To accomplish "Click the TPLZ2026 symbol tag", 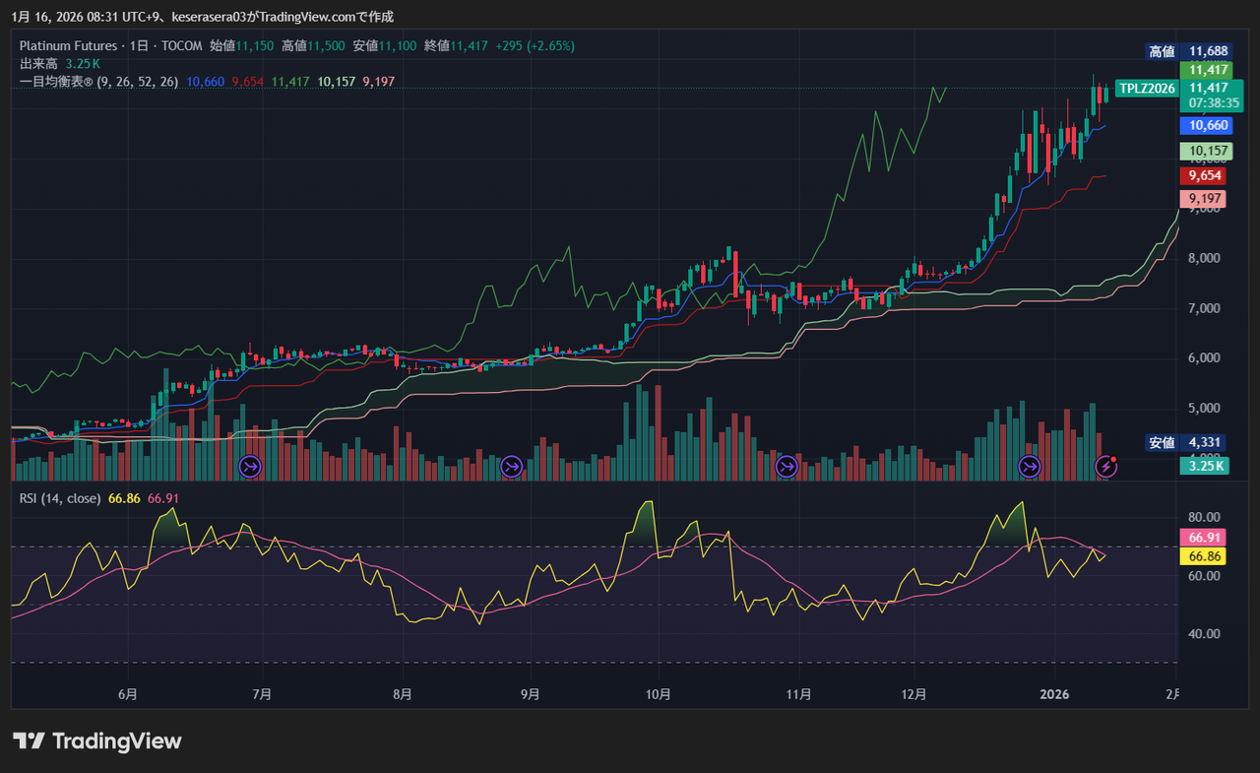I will pos(1148,89).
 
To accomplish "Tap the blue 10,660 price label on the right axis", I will pos(1208,125).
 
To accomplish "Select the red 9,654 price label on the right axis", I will pos(1205,175).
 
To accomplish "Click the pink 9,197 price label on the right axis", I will pos(1205,198).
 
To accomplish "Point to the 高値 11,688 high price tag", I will pos(1189,51).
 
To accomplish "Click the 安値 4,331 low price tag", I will pos(1189,443).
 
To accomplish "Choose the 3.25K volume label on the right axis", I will pos(1203,466).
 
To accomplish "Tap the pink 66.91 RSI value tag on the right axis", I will pos(1205,538).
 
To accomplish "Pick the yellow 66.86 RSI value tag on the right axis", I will pos(1205,556).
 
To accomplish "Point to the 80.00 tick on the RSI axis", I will pos(1205,517).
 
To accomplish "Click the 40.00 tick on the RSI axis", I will pos(1205,634).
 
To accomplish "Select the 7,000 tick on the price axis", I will pos(1206,308).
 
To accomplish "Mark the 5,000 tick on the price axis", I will pos(1206,408).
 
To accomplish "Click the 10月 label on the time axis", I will pos(659,694).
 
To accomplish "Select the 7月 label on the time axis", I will pos(262,694).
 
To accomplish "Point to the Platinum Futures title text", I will pos(68,45).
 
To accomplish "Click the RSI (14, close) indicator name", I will pos(60,498).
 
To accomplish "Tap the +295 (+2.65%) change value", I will pos(535,45).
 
